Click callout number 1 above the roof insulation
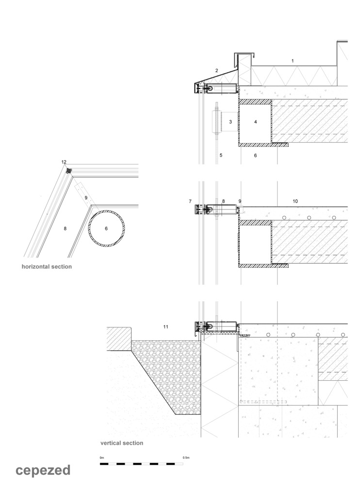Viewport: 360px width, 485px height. click(x=293, y=61)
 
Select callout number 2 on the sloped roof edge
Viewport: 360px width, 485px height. click(x=216, y=71)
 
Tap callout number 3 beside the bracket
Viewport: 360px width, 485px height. click(x=230, y=122)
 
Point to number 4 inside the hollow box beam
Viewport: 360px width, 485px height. click(x=255, y=122)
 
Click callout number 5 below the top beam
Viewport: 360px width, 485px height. click(x=221, y=155)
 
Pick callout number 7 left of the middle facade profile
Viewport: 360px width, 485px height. click(x=190, y=201)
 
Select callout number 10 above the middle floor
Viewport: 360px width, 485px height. click(x=295, y=201)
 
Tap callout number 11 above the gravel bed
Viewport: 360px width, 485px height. click(x=166, y=327)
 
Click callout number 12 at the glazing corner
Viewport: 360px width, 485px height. click(x=64, y=162)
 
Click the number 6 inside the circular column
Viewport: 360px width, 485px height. click(x=106, y=227)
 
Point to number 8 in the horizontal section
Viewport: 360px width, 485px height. click(x=64, y=227)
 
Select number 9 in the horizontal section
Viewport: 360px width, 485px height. click(x=85, y=198)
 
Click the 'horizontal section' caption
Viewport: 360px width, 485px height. click(x=47, y=267)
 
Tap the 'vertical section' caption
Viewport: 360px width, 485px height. click(x=122, y=443)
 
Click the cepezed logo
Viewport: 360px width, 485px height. click(x=43, y=470)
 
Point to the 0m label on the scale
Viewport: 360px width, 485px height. click(x=102, y=457)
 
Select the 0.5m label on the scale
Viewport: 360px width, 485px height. click(x=186, y=457)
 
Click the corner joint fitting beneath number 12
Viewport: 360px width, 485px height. click(x=69, y=170)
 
